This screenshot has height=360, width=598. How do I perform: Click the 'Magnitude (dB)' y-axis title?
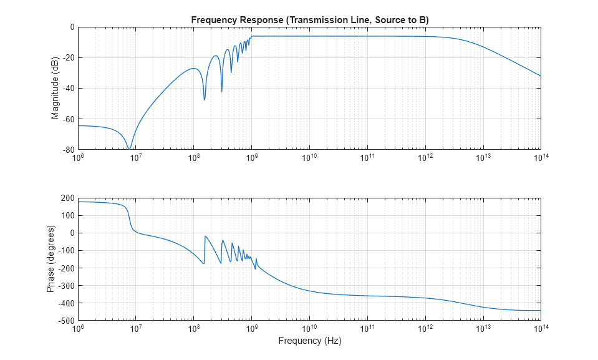coord(55,89)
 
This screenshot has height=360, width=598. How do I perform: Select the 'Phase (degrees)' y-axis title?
coord(51,260)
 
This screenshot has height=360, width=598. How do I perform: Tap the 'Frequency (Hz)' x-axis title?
coord(309,341)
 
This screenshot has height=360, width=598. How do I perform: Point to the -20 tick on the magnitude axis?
coord(65,58)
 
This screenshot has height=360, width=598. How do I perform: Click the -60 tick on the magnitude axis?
coord(65,119)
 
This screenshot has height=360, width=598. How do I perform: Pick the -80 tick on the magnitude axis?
coord(65,150)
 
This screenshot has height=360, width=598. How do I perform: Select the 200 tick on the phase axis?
coord(67,198)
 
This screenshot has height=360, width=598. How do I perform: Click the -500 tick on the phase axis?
coord(65,321)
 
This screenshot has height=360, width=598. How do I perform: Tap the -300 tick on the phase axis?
coord(65,286)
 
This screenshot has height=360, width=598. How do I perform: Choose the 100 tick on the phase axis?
coord(67,215)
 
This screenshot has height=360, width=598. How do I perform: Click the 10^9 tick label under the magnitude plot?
coord(251,157)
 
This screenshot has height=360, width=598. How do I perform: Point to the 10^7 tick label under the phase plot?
coord(135,328)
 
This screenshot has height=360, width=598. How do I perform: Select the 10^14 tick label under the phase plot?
coord(540,328)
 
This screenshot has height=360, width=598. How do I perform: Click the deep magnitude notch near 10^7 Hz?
coord(128,148)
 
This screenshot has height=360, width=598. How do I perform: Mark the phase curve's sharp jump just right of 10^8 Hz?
coord(205,250)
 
